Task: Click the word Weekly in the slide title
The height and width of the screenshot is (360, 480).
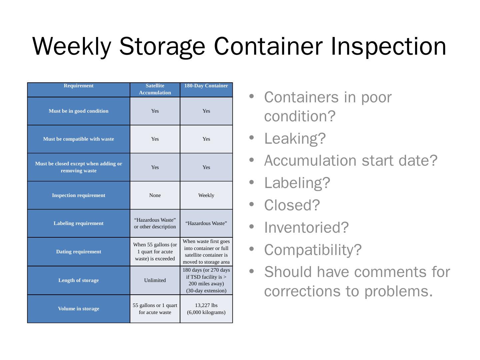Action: tap(71, 46)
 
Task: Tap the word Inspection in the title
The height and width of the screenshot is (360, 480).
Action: tap(389, 46)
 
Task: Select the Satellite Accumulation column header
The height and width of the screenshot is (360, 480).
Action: tap(155, 89)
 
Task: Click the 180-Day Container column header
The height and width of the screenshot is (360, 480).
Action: tap(206, 86)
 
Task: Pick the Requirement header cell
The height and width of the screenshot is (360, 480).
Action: tap(79, 86)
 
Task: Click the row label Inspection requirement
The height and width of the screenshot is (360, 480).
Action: tap(79, 195)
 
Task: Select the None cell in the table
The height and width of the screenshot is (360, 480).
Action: tap(155, 195)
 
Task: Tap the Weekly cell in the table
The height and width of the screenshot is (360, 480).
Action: tap(206, 195)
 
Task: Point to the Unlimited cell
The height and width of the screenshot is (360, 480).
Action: tap(155, 280)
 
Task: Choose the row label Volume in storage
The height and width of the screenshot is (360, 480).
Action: tap(79, 309)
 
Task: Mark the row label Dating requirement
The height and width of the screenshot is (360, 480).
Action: tap(79, 252)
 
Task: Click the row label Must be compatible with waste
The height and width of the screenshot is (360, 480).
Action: tap(79, 139)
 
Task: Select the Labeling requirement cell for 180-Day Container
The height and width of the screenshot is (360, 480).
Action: tap(206, 223)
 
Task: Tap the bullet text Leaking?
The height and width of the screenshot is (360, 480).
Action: tap(295, 138)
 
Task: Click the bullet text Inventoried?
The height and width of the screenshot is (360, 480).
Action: tap(306, 227)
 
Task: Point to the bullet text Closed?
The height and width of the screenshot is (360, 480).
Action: tap(292, 205)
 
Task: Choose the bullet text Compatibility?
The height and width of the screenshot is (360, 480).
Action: tap(313, 250)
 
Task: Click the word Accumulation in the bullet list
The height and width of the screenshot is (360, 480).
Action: tap(311, 160)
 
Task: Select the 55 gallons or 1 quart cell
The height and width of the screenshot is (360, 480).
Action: tap(155, 309)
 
